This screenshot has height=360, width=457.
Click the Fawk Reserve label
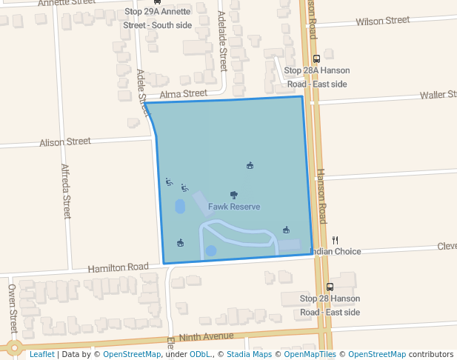tap(234, 207)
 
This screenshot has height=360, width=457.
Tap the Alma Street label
tap(184, 94)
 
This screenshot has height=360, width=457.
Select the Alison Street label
tap(65, 141)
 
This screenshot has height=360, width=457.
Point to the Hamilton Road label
tap(119, 267)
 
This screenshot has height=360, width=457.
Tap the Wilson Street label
tap(382, 21)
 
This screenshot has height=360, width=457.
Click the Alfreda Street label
tap(66, 191)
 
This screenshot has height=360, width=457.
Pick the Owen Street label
tap(13, 307)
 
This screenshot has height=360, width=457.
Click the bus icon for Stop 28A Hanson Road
tap(317, 59)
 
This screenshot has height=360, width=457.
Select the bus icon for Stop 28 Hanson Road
tap(330, 287)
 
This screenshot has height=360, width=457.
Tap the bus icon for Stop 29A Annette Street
tap(157, 2)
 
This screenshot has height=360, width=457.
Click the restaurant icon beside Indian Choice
tap(336, 240)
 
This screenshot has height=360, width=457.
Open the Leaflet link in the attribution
tap(41, 355)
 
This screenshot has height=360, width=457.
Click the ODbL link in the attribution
tap(200, 355)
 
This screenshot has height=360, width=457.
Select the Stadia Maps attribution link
tap(249, 355)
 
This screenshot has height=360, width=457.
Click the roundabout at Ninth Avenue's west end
tap(13, 347)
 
